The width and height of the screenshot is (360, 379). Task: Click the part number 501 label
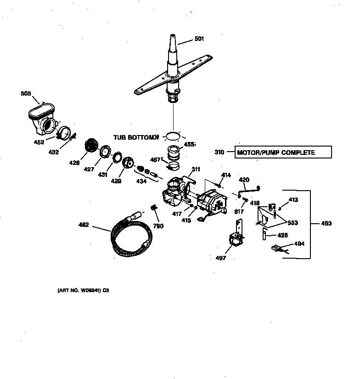[199, 39]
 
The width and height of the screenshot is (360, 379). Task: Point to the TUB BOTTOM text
[135, 137]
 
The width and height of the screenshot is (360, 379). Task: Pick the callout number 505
[26, 94]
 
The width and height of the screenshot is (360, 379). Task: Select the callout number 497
[221, 258]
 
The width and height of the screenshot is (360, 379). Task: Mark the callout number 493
[326, 224]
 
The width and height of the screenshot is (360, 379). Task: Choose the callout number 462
[84, 225]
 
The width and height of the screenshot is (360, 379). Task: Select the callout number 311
[196, 170]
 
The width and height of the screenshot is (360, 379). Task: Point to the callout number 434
[141, 181]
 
